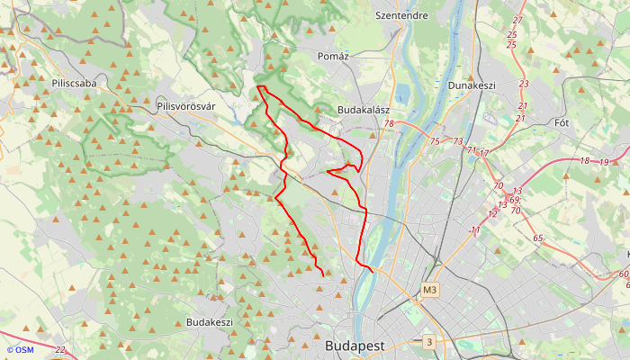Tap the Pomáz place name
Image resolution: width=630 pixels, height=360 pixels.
click(x=333, y=56)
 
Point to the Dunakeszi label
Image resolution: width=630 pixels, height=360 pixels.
click(x=472, y=85)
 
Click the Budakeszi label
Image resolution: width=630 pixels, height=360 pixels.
click(x=210, y=322)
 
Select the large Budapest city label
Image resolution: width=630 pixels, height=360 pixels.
click(x=355, y=346)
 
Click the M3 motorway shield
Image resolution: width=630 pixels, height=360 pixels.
click(x=429, y=290)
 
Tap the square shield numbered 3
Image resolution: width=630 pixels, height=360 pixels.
click(x=430, y=342)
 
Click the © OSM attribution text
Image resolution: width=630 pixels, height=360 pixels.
click(x=19, y=349)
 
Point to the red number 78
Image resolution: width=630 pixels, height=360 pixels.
click(x=389, y=124)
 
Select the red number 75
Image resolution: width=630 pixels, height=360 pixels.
click(x=435, y=141)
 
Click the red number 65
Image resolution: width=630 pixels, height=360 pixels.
click(x=538, y=238)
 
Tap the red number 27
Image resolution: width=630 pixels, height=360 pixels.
click(x=517, y=21)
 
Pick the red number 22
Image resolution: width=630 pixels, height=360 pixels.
click(x=59, y=349)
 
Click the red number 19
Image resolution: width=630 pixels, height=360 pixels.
click(x=604, y=162)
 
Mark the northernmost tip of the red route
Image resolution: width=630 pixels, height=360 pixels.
click(x=258, y=86)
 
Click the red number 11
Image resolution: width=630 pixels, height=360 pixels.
click(x=474, y=231)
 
